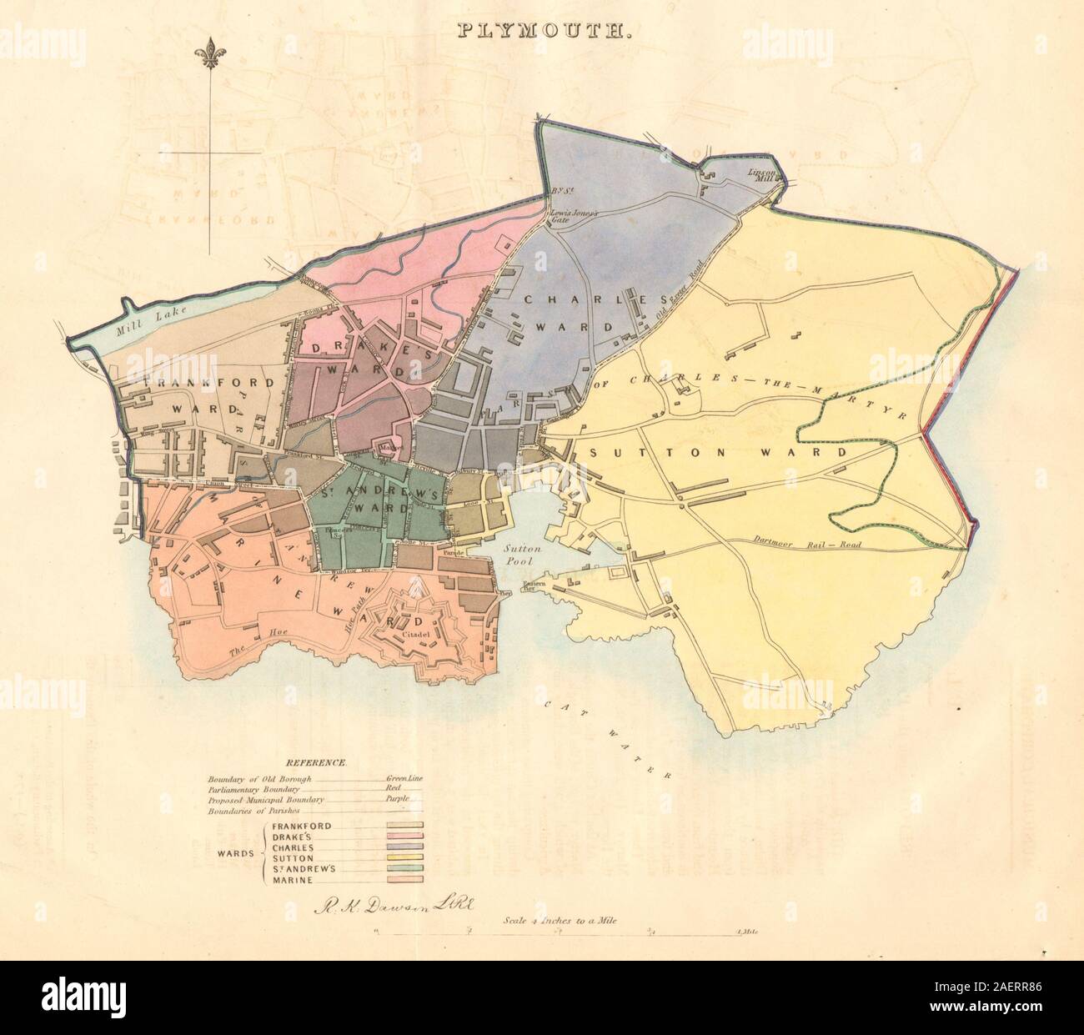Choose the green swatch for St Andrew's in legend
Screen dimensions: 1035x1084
[404, 867]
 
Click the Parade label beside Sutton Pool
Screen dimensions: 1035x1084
[453, 552]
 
